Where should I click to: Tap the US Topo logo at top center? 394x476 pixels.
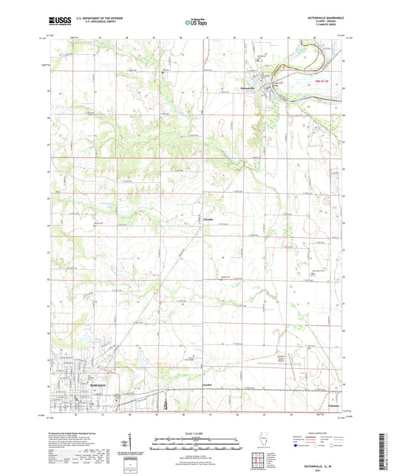[x=194, y=23]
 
